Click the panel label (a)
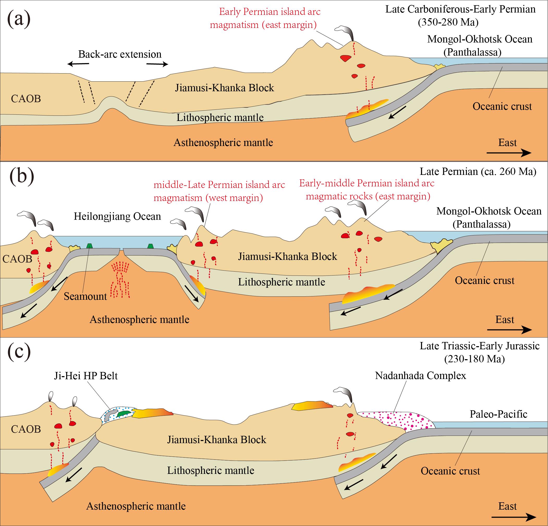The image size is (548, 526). pos(19,19)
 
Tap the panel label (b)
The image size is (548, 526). pos(22,178)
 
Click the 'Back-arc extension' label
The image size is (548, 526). pos(120,54)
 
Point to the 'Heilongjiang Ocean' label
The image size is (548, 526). pos(117,216)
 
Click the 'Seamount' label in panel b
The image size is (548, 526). pos(85,296)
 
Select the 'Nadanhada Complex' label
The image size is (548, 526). pos(421,376)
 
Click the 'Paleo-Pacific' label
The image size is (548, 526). pos(498,414)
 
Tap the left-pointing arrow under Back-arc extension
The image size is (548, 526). pos(78,64)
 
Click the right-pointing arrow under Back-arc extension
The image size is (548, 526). pos(157,64)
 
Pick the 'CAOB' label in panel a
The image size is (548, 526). pos(26,99)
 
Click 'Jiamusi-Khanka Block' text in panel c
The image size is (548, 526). pos(217,440)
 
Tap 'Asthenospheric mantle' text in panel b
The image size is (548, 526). pos(139,320)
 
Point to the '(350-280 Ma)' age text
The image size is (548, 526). pos(448,22)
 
